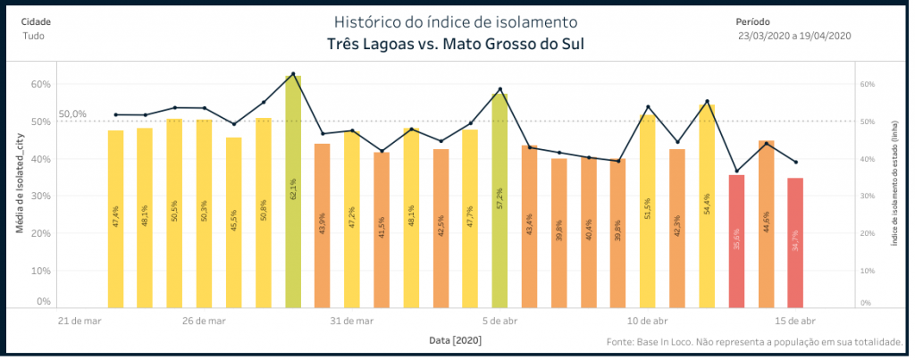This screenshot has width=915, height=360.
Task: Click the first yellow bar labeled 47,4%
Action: click(115, 218)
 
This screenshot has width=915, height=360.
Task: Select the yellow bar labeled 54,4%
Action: click(707, 205)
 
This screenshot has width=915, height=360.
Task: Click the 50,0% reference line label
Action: click(72, 114)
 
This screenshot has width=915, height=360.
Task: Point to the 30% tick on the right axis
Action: click(866, 197)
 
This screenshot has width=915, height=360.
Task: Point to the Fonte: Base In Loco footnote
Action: click(755, 342)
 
